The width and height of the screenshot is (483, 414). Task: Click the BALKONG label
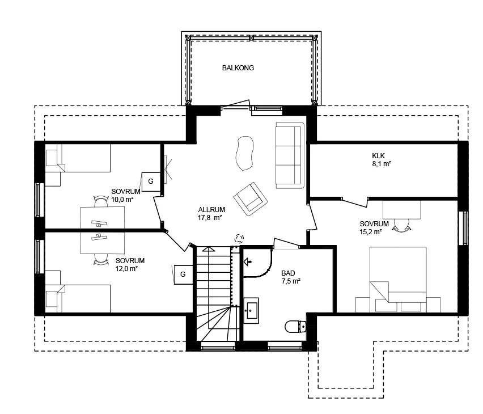[x=238, y=68]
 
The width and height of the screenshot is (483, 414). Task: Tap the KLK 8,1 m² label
[x=382, y=160]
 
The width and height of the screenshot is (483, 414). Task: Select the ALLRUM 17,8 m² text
[x=211, y=214]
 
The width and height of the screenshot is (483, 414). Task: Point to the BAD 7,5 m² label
[x=291, y=277]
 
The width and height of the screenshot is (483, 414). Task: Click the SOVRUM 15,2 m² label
[x=374, y=228]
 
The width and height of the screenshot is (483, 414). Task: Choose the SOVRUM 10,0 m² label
[x=126, y=196]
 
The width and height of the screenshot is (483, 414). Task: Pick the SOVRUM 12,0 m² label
[x=130, y=264]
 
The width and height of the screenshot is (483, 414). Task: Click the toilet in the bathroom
[x=296, y=327]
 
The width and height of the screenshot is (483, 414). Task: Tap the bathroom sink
[x=251, y=310]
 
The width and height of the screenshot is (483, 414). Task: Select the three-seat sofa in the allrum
[x=290, y=155]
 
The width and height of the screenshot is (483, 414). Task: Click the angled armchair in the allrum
[x=251, y=199]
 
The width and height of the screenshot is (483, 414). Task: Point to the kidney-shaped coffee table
[x=244, y=153]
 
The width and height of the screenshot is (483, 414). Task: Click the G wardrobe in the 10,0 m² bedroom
[x=151, y=181]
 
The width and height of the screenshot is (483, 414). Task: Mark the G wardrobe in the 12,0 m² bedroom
[x=183, y=274]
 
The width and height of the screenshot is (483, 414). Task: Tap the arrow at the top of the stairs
[x=209, y=249]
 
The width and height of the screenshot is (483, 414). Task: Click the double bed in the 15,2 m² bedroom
[x=398, y=279]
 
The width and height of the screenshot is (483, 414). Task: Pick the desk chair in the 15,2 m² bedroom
[x=401, y=225]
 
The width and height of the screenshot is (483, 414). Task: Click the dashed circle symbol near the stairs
[x=239, y=238]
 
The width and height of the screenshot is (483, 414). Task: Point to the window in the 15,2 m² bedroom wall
[x=463, y=228]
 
